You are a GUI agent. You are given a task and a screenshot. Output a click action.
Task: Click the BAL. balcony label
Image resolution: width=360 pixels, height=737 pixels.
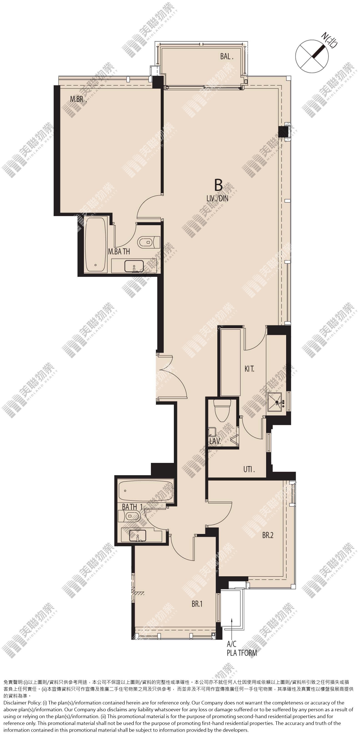click(227, 57)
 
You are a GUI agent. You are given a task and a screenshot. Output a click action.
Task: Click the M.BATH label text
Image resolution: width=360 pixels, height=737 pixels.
click(119, 252)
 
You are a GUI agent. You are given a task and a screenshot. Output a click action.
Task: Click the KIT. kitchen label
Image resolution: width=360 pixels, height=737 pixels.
click(249, 369)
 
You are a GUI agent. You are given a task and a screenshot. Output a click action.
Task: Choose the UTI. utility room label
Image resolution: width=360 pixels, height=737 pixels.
click(249, 469)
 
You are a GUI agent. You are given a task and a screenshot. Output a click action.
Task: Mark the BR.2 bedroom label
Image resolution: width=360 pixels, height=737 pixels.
click(268, 535)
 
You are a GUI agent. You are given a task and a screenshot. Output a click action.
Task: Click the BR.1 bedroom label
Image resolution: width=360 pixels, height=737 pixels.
click(197, 604)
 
